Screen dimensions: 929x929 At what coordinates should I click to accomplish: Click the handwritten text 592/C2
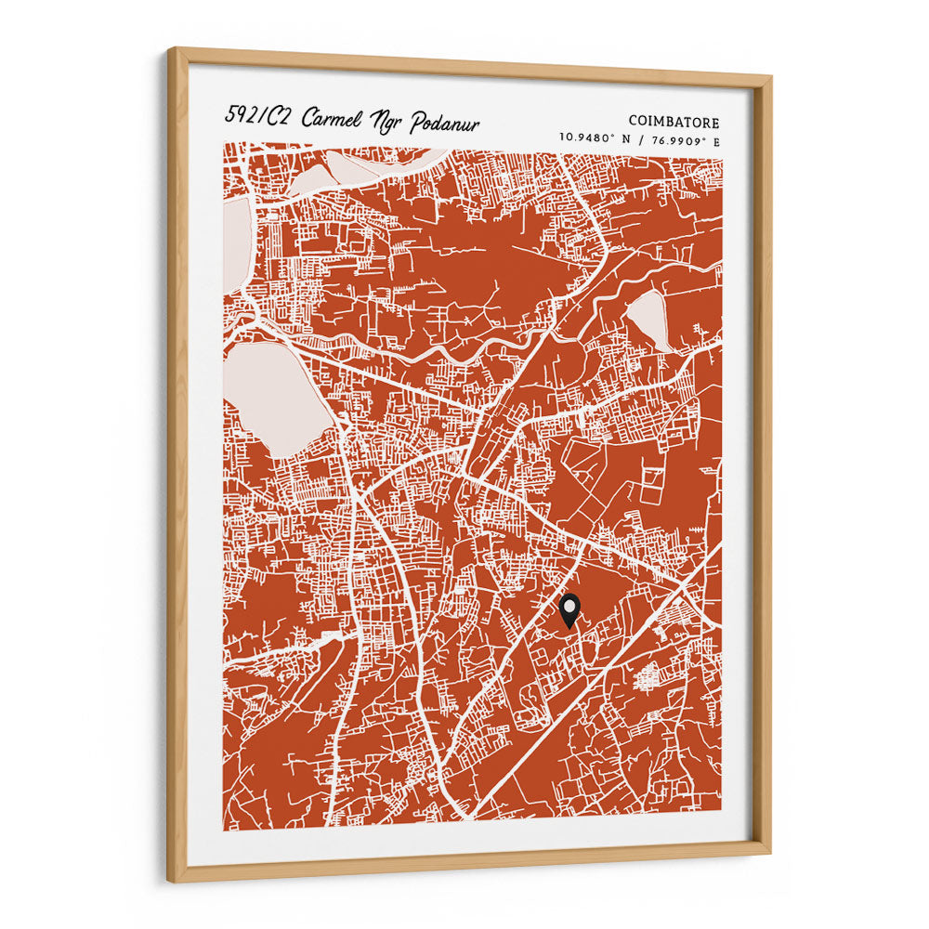256,116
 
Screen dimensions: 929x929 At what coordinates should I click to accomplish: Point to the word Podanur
444,124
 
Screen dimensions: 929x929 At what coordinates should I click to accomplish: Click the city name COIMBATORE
674,122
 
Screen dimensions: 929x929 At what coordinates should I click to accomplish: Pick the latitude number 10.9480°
588,138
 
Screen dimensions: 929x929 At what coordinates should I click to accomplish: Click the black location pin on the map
569,610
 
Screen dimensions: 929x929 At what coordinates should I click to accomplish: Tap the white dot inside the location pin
569,605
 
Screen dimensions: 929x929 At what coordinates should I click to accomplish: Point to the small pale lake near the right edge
648,317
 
